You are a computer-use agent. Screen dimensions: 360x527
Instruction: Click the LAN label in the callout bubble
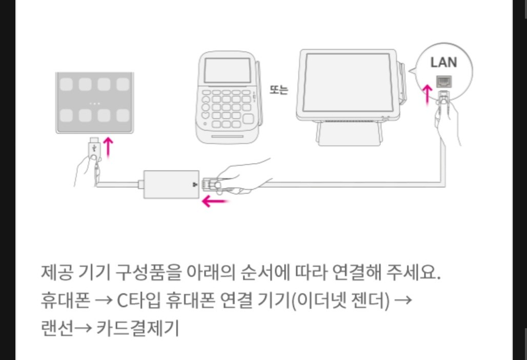[x=443, y=63]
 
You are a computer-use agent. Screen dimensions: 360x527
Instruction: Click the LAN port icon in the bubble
[x=443, y=81]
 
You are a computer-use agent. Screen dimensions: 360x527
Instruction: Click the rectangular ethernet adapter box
[x=169, y=183]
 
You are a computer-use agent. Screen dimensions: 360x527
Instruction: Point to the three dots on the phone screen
[x=94, y=103]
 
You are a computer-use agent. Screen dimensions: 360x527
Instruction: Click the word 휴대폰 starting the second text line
[x=58, y=300]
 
